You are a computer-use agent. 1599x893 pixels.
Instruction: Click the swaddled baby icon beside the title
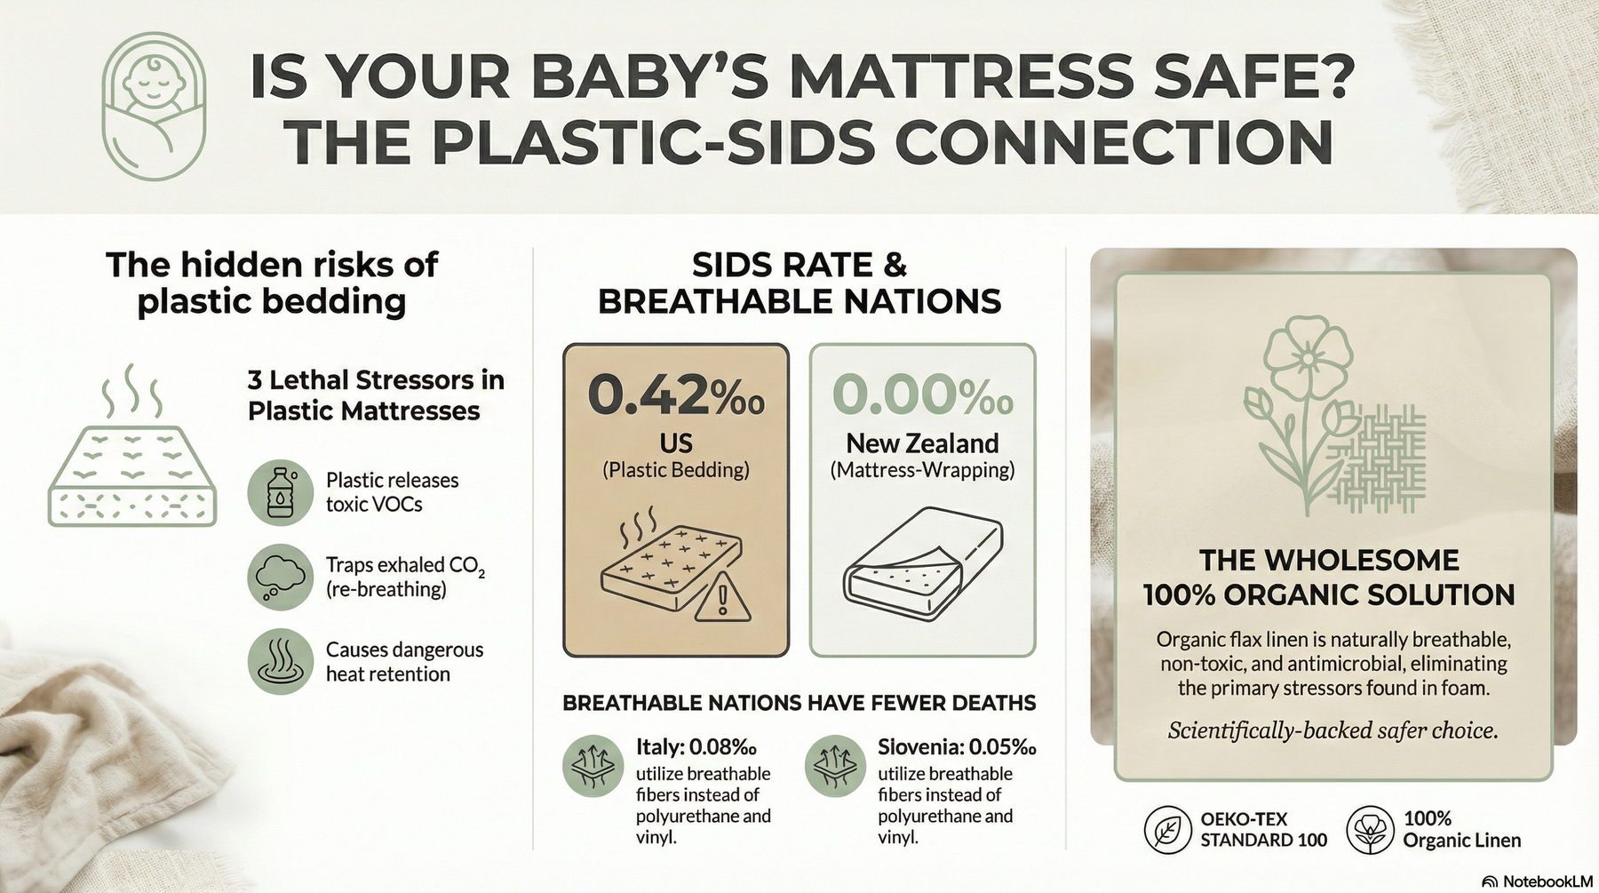[x=154, y=107]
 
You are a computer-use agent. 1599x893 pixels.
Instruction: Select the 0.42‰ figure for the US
[x=675, y=395]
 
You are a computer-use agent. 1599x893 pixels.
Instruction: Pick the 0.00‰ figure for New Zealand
[x=922, y=395]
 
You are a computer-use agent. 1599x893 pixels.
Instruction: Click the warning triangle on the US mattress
[x=722, y=597]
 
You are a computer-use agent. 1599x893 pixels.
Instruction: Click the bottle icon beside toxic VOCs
[x=280, y=491]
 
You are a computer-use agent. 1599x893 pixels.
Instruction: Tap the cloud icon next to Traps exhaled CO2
[x=280, y=577]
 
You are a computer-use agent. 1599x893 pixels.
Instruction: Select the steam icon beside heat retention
[x=280, y=662]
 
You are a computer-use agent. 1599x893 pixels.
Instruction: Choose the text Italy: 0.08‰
[x=696, y=747]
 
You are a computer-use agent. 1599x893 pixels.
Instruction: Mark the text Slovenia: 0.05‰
[x=957, y=747]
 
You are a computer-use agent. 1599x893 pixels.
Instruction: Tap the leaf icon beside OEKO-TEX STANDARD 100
[x=1167, y=829]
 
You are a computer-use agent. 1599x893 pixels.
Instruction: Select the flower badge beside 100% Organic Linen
[x=1369, y=829]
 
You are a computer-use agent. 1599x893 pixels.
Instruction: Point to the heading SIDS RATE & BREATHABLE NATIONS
[x=799, y=283]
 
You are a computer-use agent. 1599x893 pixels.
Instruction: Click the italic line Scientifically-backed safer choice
[x=1332, y=730]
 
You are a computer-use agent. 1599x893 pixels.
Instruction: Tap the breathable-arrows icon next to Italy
[x=592, y=766]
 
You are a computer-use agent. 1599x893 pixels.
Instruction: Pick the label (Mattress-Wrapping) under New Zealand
[x=922, y=470]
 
